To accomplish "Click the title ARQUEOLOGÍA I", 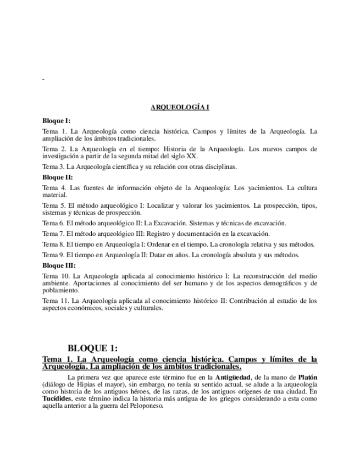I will pyautogui.click(x=180, y=108).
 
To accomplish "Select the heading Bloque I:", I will pyautogui.click(x=56, y=120).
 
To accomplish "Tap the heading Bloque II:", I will pyautogui.click(x=57, y=177).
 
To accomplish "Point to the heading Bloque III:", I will pyautogui.click(x=59, y=265).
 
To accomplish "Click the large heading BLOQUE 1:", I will pyautogui.click(x=92, y=348).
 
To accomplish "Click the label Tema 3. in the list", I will pyautogui.click(x=54, y=167).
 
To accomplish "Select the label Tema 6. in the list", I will pyautogui.click(x=54, y=223).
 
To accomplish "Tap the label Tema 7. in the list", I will pyautogui.click(x=54, y=234).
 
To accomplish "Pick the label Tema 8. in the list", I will pyautogui.click(x=54, y=244).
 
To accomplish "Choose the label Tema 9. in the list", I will pyautogui.click(x=54, y=255).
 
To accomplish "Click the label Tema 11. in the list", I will pyautogui.click(x=56, y=301).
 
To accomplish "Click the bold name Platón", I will pyautogui.click(x=307, y=377).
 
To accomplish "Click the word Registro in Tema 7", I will pyautogui.click(x=164, y=234).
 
